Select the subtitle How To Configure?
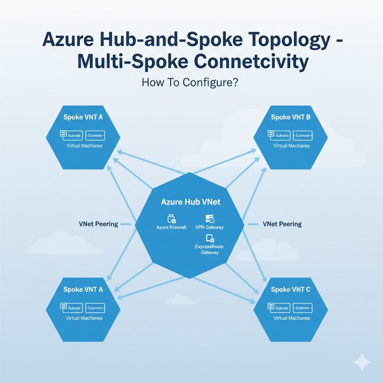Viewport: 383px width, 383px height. [190, 82]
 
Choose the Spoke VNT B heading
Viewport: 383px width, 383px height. [291, 117]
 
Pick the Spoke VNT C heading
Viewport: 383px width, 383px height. [291, 289]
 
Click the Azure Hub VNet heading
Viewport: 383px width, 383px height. [191, 202]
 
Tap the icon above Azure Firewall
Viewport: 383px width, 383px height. [171, 219]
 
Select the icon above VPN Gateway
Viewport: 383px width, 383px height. [209, 219]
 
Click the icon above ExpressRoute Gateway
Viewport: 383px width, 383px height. [209, 238]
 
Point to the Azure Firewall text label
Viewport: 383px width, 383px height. [171, 227]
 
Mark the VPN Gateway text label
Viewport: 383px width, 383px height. [209, 227]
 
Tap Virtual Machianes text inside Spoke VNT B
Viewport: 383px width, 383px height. [291, 145]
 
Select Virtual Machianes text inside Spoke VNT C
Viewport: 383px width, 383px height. [291, 318]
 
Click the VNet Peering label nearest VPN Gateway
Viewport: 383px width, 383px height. [282, 224]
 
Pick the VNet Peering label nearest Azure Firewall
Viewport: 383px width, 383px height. [99, 224]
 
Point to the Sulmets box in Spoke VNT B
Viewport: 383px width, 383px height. [279, 135]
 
